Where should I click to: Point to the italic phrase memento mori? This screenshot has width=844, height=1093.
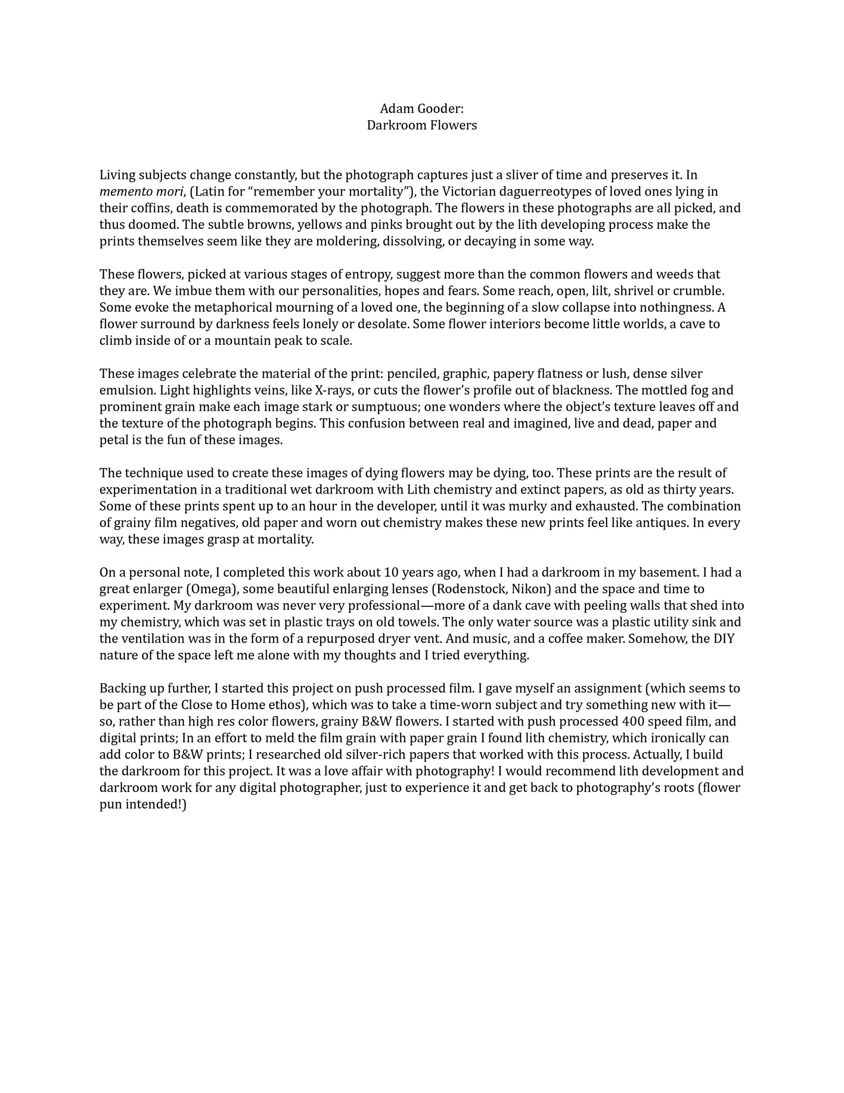pos(142,192)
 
